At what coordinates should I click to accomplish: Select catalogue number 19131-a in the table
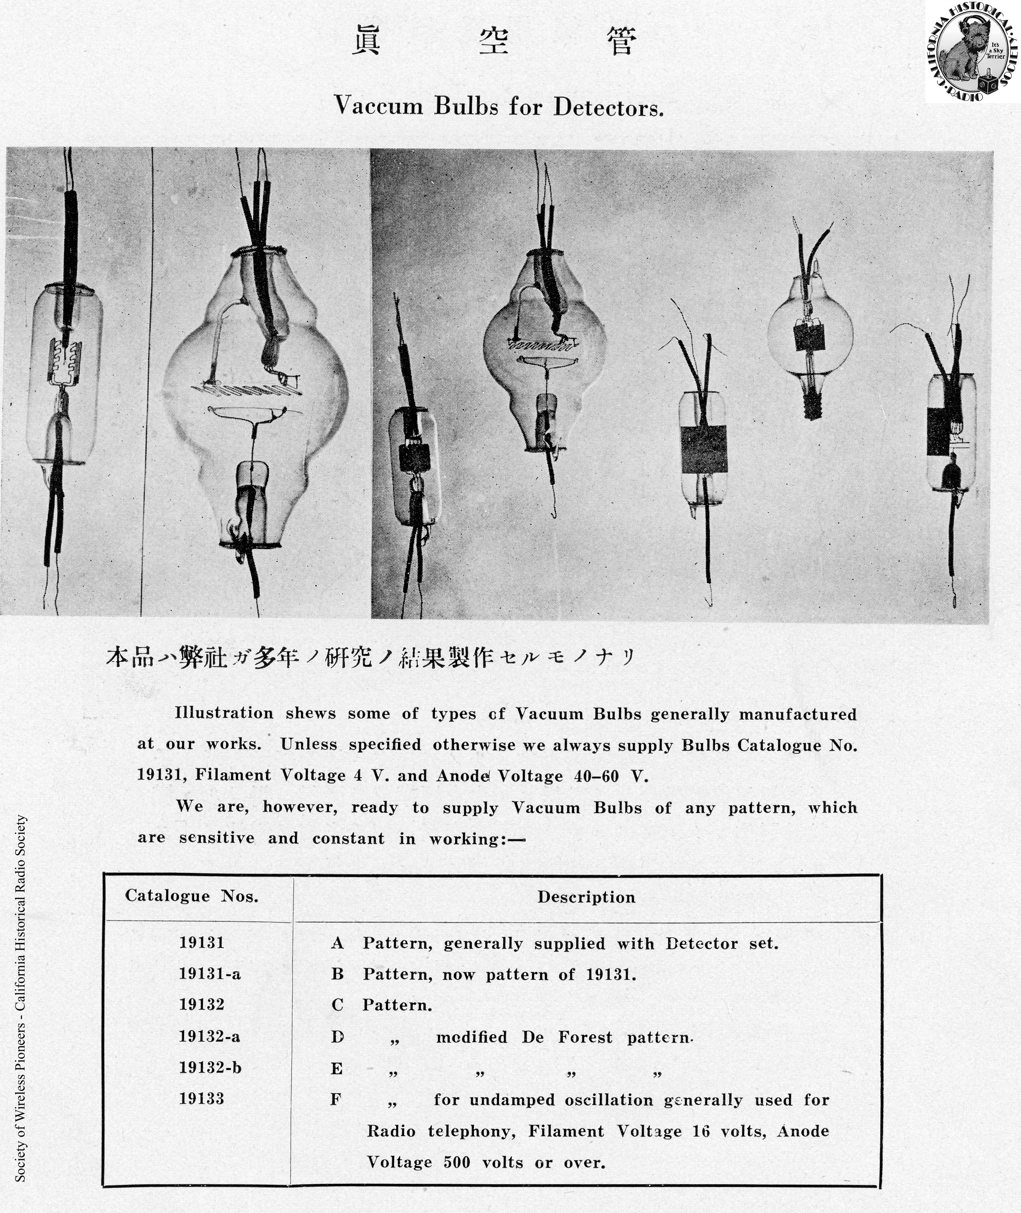click(210, 974)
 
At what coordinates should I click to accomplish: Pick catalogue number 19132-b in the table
click(210, 1068)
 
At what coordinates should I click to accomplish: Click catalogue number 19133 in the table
click(201, 1099)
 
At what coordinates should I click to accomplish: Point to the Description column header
click(586, 898)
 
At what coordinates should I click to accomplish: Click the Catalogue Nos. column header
click(192, 896)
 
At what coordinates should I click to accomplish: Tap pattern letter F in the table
click(336, 1099)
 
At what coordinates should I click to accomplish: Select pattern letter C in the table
click(337, 1005)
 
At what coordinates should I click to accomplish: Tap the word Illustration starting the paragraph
click(224, 713)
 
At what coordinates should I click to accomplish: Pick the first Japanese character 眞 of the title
click(366, 41)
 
